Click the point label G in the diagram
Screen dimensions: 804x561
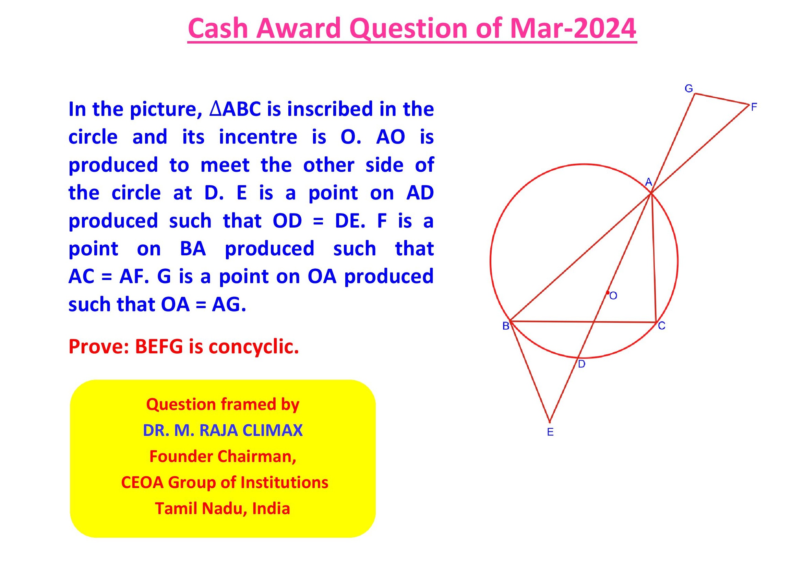click(x=689, y=88)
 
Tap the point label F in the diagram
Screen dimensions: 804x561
click(x=754, y=107)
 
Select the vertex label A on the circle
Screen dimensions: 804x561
click(x=649, y=182)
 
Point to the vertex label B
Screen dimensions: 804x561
click(x=506, y=326)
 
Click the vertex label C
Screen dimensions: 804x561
click(x=661, y=326)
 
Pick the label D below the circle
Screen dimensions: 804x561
click(x=581, y=364)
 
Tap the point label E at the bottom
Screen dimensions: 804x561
click(x=550, y=432)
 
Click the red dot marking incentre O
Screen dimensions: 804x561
click(x=608, y=293)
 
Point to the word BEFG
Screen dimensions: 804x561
click(x=159, y=347)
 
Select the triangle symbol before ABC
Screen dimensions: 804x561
click(x=215, y=109)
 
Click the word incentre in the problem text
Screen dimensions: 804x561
click(x=258, y=137)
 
